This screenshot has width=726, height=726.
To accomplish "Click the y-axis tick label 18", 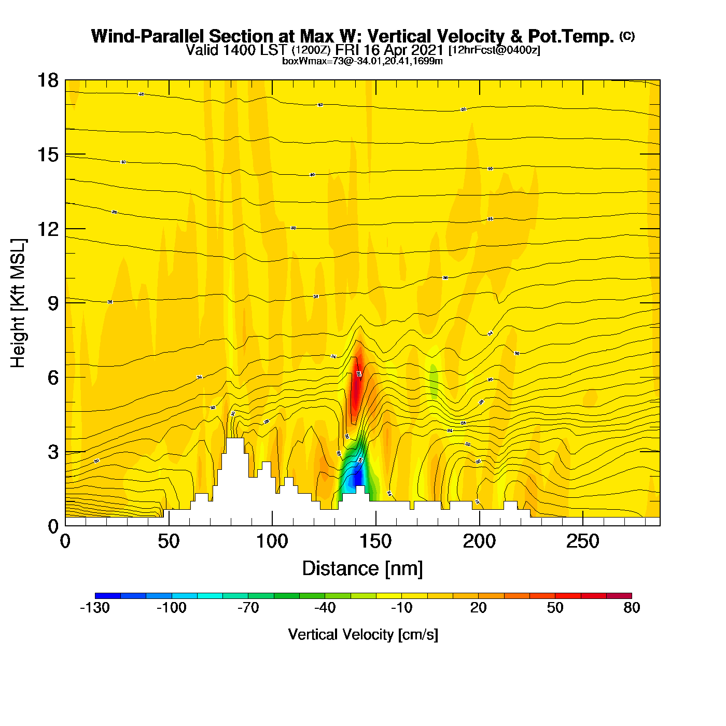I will point(47,80).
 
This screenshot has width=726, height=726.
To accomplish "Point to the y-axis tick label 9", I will point(53,303).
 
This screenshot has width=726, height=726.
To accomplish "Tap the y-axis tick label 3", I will point(53,452).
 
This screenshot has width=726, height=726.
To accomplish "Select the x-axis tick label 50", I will point(169,542).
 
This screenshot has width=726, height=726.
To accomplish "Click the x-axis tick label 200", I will point(479,542).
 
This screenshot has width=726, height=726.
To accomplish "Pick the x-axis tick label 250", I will point(583,542).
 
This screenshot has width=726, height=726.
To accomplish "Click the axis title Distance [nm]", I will point(362,569).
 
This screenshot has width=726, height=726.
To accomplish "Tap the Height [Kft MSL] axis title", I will point(19,303).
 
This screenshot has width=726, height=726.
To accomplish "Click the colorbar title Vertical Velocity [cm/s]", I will point(363,635).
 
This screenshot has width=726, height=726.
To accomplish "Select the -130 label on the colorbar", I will point(95,608).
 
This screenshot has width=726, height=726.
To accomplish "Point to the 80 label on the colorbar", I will point(632,608).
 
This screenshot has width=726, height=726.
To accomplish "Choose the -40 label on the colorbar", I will point(325,608).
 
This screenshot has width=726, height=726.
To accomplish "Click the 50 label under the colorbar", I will point(555,608).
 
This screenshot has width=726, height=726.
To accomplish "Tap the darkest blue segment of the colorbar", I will point(108,595).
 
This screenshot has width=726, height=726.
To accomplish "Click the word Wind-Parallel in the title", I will point(148,36).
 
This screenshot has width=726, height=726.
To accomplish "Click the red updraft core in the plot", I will point(356,392).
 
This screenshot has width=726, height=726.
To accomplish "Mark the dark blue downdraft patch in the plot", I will point(356,478).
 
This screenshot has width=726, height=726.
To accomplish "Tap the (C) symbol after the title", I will point(627,36).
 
